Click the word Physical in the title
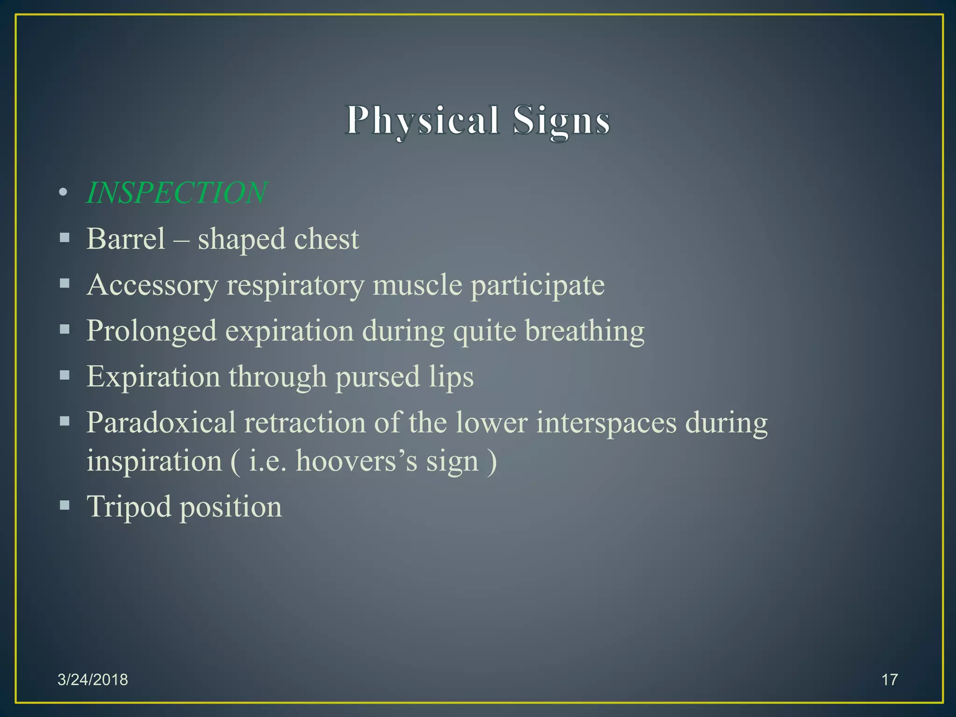(x=422, y=120)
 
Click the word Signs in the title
(x=561, y=120)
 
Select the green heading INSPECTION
(x=176, y=192)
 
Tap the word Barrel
(x=126, y=239)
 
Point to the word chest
(x=326, y=239)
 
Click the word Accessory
(x=152, y=285)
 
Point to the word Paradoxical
(x=161, y=422)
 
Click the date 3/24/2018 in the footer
(x=92, y=680)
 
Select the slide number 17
(x=889, y=680)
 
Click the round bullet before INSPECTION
(x=63, y=192)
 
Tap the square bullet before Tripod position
(x=64, y=505)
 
